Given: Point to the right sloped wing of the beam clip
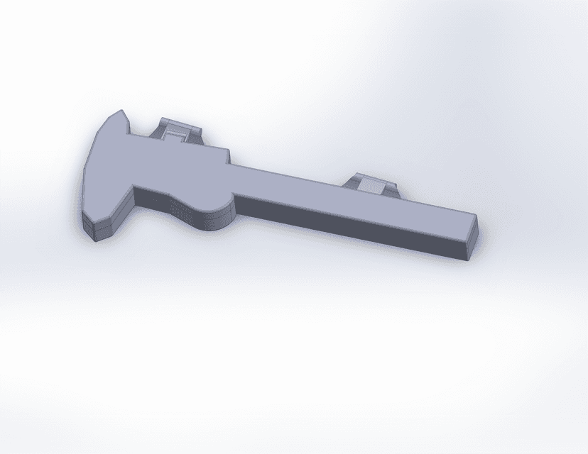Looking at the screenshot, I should [x=392, y=190].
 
